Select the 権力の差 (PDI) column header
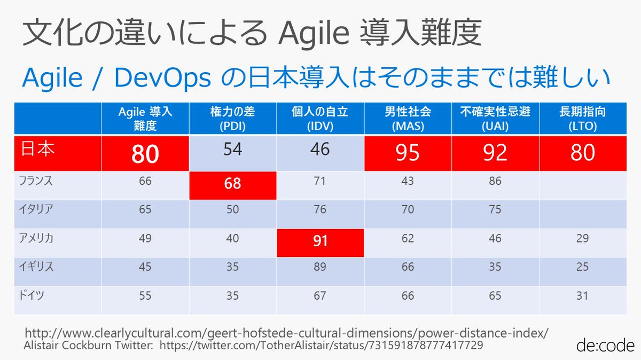point(232,119)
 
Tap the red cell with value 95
point(408,153)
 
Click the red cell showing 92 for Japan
point(495,153)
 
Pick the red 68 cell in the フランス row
point(232,184)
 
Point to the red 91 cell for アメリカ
point(320,241)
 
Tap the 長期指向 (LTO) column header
point(582,119)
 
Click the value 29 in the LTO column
point(582,238)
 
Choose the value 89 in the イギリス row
point(320,267)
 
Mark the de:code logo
point(605,345)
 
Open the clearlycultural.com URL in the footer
point(286,333)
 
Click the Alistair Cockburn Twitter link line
point(254,346)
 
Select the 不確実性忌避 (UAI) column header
point(495,119)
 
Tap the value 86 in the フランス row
point(495,181)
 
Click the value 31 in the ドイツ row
point(582,295)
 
